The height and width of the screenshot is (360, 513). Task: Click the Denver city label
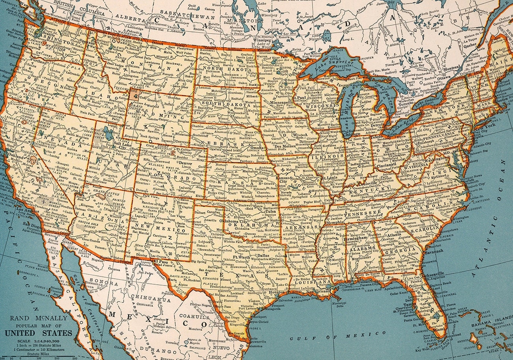pos(185,162)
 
